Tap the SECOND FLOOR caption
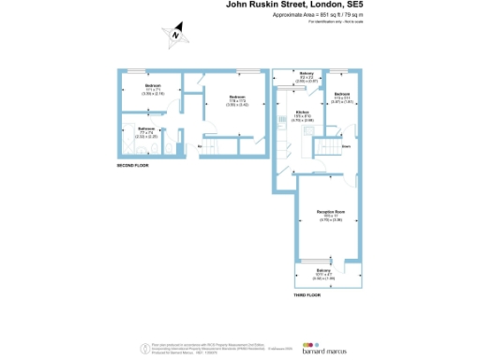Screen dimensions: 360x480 (133, 165)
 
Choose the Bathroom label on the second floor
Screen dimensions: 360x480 (146, 128)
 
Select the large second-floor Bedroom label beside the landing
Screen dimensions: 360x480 (237, 97)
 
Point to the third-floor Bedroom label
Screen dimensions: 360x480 (342, 95)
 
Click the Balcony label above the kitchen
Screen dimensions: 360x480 (307, 75)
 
